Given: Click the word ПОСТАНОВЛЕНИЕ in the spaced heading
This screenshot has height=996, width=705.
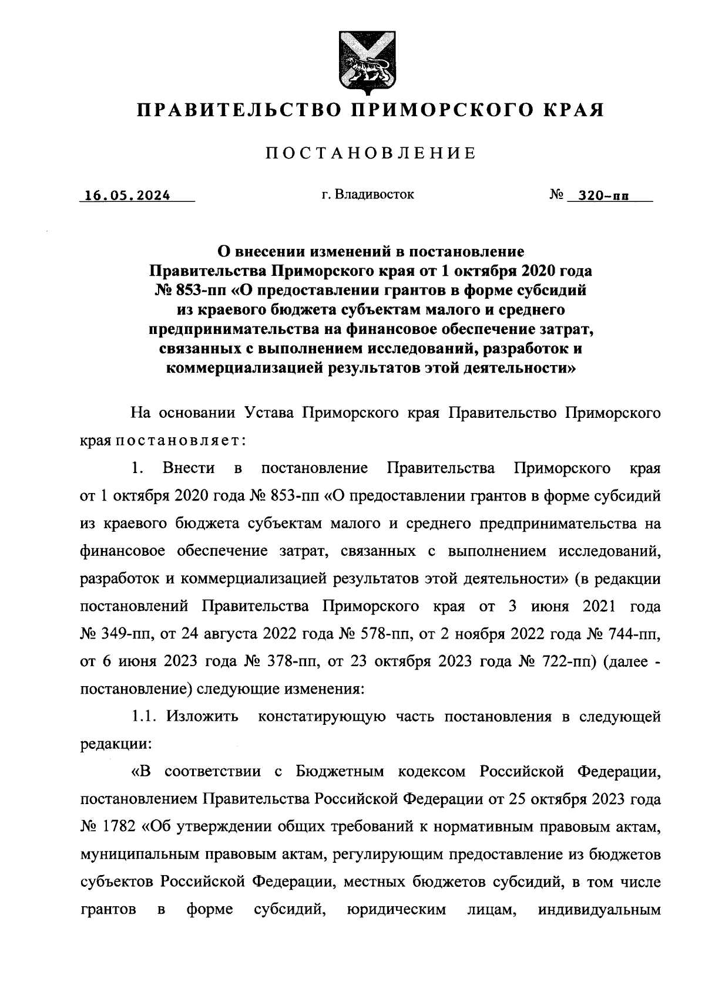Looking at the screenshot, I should [370, 154].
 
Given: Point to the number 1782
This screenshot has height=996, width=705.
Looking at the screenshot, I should [119, 827].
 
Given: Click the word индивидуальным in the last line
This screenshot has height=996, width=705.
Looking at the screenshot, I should [599, 910].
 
